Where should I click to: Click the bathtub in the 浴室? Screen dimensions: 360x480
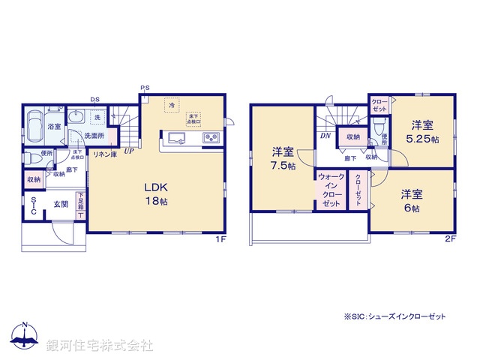(34, 124)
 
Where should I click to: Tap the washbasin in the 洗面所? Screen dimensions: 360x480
(77, 118)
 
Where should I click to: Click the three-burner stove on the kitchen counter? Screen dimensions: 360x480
(210, 137)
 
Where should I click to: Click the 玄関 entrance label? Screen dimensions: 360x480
(60, 203)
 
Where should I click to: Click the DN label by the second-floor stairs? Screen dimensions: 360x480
(326, 136)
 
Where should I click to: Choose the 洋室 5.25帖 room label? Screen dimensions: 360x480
(421, 132)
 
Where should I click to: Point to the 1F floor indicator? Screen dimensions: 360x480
(220, 239)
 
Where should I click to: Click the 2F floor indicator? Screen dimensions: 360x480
(450, 239)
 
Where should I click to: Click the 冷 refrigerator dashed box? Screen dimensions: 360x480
(171, 108)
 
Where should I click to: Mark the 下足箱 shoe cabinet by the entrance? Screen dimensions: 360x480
(80, 205)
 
